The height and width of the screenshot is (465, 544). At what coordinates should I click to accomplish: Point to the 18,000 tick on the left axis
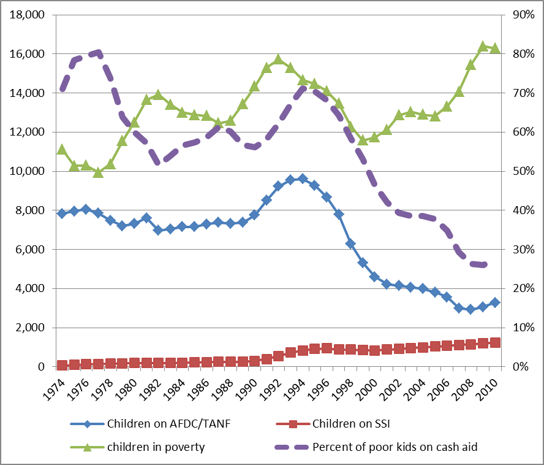click(28, 15)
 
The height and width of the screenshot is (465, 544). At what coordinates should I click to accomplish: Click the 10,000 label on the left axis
click(28, 171)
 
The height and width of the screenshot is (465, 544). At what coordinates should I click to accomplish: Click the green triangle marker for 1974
click(62, 149)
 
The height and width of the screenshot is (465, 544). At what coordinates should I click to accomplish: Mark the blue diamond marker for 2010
click(495, 302)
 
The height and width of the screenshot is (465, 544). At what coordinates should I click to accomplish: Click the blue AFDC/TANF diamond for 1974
click(62, 213)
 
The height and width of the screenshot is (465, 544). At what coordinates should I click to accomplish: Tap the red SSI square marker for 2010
click(495, 343)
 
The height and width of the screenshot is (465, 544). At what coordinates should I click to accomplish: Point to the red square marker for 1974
click(62, 365)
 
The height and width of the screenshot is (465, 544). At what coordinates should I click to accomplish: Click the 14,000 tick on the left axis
click(28, 93)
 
